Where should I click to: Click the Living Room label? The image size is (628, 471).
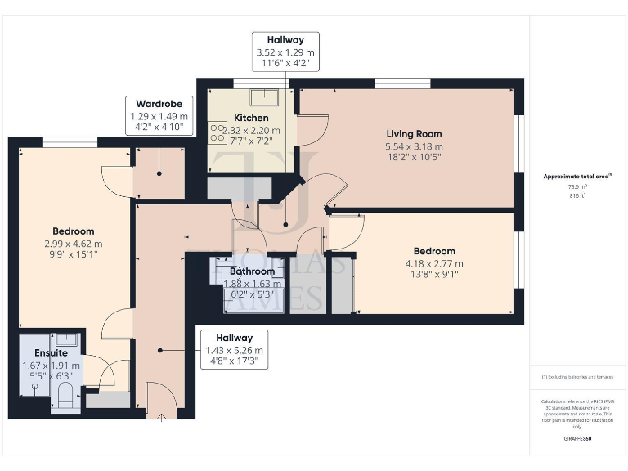click(x=414, y=134)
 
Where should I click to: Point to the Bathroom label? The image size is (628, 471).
click(x=252, y=271)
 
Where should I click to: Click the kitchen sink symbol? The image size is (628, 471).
click(x=266, y=97)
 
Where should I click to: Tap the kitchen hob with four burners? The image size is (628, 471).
click(x=218, y=132)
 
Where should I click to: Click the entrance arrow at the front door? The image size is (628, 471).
click(x=161, y=419)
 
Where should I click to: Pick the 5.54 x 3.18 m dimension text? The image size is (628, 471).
click(x=414, y=146)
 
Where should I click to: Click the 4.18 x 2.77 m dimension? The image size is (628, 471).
click(x=435, y=263)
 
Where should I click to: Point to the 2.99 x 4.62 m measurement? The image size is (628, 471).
click(x=74, y=244)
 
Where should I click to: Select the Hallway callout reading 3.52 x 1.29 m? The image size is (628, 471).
click(x=285, y=52)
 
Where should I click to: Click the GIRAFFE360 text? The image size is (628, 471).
click(x=576, y=438)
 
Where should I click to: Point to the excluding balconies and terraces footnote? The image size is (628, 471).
click(x=577, y=377)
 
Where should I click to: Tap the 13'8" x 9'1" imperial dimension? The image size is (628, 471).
click(x=435, y=275)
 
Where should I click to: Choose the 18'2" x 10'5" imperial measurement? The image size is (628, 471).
click(x=414, y=158)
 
